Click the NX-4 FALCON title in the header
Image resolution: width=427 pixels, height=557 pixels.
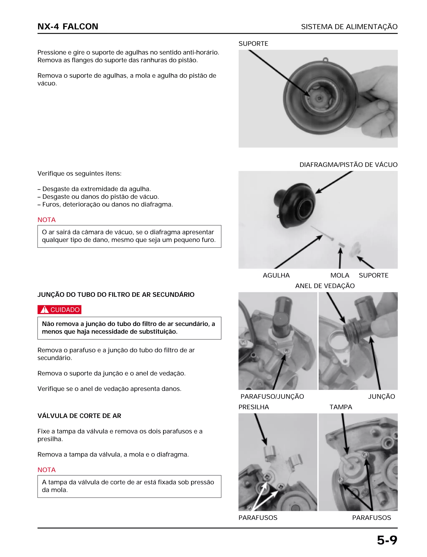(68, 27)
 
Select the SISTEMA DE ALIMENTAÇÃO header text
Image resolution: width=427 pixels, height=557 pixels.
(349, 27)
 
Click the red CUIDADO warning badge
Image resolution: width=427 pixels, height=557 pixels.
(59, 310)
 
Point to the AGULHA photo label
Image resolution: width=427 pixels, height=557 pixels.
(276, 275)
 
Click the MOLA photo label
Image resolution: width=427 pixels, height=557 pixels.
(340, 275)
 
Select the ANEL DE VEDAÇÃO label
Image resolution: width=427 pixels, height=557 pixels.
(325, 286)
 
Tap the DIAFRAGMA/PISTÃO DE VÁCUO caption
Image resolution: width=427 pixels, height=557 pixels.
(348, 165)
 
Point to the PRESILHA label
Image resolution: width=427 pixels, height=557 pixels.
(253, 407)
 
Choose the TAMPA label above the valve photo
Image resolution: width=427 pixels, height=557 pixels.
(341, 407)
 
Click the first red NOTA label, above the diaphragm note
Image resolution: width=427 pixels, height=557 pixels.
(46, 220)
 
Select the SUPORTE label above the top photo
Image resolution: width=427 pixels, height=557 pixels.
(253, 44)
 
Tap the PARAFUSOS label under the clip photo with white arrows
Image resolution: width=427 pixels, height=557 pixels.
(258, 518)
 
